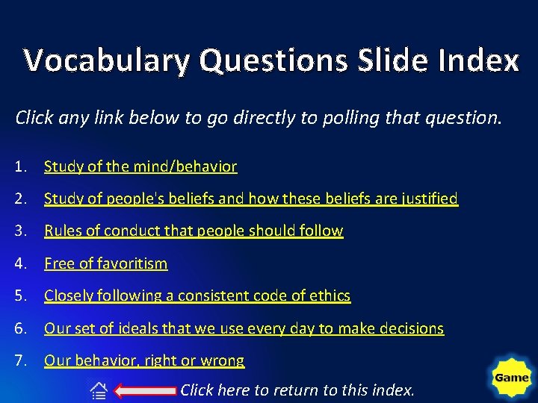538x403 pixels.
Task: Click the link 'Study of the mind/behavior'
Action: point(140,166)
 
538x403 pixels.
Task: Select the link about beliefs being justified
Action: point(251,199)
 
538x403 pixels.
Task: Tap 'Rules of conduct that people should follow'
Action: point(194,231)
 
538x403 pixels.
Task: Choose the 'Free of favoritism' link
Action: point(106,263)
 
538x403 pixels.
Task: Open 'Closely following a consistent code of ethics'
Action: point(197,296)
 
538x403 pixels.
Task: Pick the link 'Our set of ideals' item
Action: point(244,328)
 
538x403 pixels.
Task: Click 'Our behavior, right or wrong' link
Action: point(144,360)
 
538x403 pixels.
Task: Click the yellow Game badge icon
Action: point(512,378)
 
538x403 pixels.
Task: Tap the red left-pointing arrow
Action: point(147,390)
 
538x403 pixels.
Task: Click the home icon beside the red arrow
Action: point(99,390)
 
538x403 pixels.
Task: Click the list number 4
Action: point(21,263)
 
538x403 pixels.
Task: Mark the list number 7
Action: point(21,360)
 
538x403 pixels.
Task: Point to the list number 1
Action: point(21,166)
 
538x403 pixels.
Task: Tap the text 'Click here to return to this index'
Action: point(297,390)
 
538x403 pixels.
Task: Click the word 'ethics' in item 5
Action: point(330,296)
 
